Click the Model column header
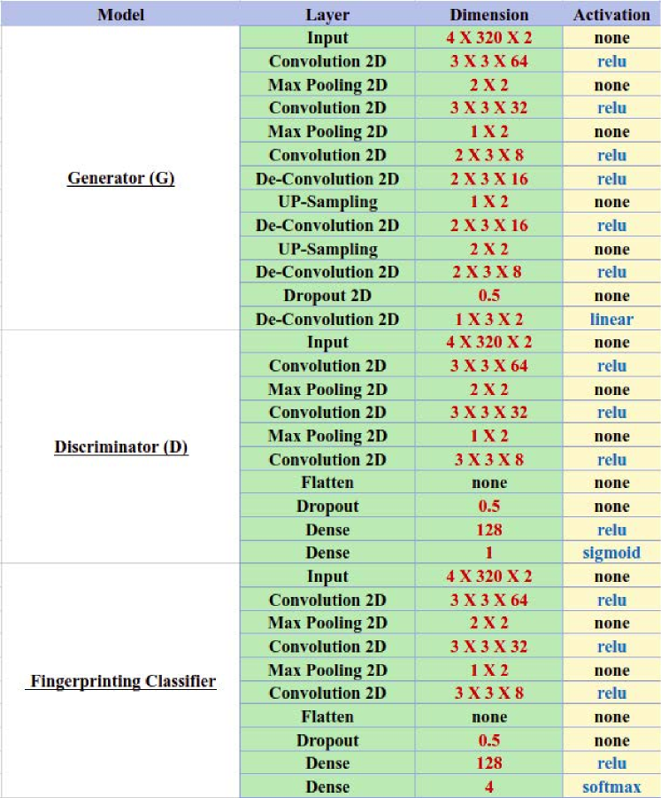pyautogui.click(x=120, y=15)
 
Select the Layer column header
pyautogui.click(x=327, y=15)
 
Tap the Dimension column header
pyautogui.click(x=488, y=15)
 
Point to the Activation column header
pyautogui.click(x=611, y=15)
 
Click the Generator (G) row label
pyautogui.click(x=120, y=179)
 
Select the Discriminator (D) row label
pyautogui.click(x=120, y=448)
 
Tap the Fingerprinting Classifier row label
pyautogui.click(x=122, y=682)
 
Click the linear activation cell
pyautogui.click(x=611, y=319)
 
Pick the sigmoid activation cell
pyautogui.click(x=611, y=553)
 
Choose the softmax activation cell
pyautogui.click(x=611, y=786)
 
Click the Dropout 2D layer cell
pyautogui.click(x=327, y=296)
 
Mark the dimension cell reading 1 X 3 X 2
pyautogui.click(x=488, y=319)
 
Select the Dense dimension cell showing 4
pyautogui.click(x=488, y=786)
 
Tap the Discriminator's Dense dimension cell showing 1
pyautogui.click(x=488, y=553)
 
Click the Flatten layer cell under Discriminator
pyautogui.click(x=327, y=483)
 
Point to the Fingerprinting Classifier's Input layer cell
pyautogui.click(x=327, y=577)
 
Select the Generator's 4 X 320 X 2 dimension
pyautogui.click(x=488, y=38)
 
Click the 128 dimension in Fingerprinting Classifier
pyautogui.click(x=488, y=763)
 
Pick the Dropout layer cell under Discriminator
pyautogui.click(x=327, y=507)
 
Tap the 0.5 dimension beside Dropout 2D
pyautogui.click(x=488, y=296)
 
